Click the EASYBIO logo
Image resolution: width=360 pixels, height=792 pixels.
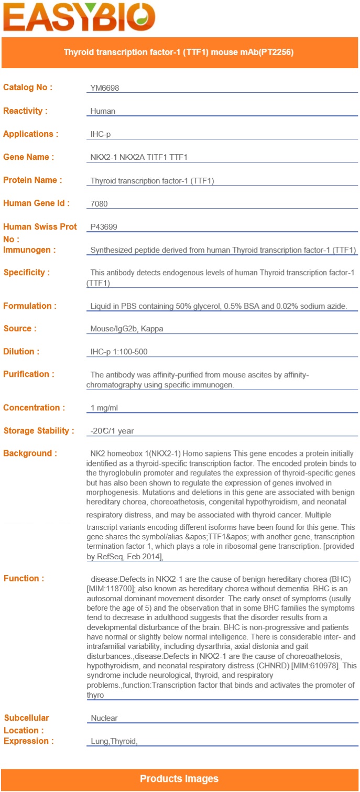coord(79,18)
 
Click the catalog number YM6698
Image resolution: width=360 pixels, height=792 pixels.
coord(105,88)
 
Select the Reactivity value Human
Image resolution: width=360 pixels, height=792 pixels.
coord(103,111)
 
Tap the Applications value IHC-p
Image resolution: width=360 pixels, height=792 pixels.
coord(101,134)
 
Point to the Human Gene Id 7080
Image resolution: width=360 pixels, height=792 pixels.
coord(99,203)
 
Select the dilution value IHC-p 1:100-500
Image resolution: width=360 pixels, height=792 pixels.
coord(119,352)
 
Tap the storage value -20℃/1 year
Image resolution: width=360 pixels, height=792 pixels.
coord(112,431)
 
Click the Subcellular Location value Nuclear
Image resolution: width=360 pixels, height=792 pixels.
coord(104,718)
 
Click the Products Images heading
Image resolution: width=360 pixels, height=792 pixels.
coord(179,779)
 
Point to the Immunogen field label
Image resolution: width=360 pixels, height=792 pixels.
coord(29,249)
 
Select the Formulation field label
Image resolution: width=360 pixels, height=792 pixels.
coord(30,306)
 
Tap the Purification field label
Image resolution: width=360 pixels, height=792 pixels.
coord(29,374)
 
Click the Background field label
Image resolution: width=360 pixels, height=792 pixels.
coord(30,453)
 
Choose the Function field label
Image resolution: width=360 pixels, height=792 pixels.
coord(24,578)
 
